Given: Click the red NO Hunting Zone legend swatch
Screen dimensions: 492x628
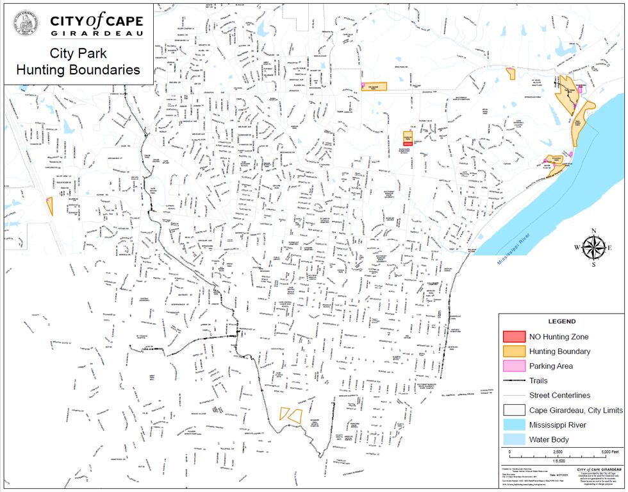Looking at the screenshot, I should [514, 336].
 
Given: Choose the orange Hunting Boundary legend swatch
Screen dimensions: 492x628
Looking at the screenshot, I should [514, 351].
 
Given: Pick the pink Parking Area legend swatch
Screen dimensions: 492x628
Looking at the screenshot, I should [514, 366].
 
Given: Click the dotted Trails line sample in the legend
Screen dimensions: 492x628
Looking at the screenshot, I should [514, 380].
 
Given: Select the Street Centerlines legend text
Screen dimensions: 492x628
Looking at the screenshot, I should [559, 395].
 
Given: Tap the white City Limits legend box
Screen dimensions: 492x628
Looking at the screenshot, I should [514, 410].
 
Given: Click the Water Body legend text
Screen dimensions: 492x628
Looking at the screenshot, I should [549, 439].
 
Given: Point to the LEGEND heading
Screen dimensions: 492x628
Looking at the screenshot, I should [561, 321].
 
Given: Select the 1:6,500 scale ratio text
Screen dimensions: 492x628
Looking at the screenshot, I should [558, 461].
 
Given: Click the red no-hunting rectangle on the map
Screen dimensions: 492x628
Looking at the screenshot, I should [408, 144].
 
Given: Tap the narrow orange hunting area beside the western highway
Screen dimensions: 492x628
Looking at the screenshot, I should [49, 206].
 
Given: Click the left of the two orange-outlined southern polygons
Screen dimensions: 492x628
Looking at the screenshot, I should [285, 414].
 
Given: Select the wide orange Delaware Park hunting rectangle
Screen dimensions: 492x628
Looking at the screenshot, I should [375, 87].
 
